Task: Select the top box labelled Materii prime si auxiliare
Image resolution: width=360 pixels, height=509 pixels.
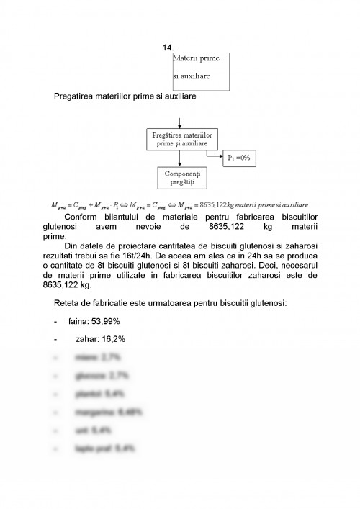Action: click(201, 70)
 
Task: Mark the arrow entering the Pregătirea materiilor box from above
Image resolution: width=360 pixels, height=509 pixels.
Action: click(177, 122)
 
